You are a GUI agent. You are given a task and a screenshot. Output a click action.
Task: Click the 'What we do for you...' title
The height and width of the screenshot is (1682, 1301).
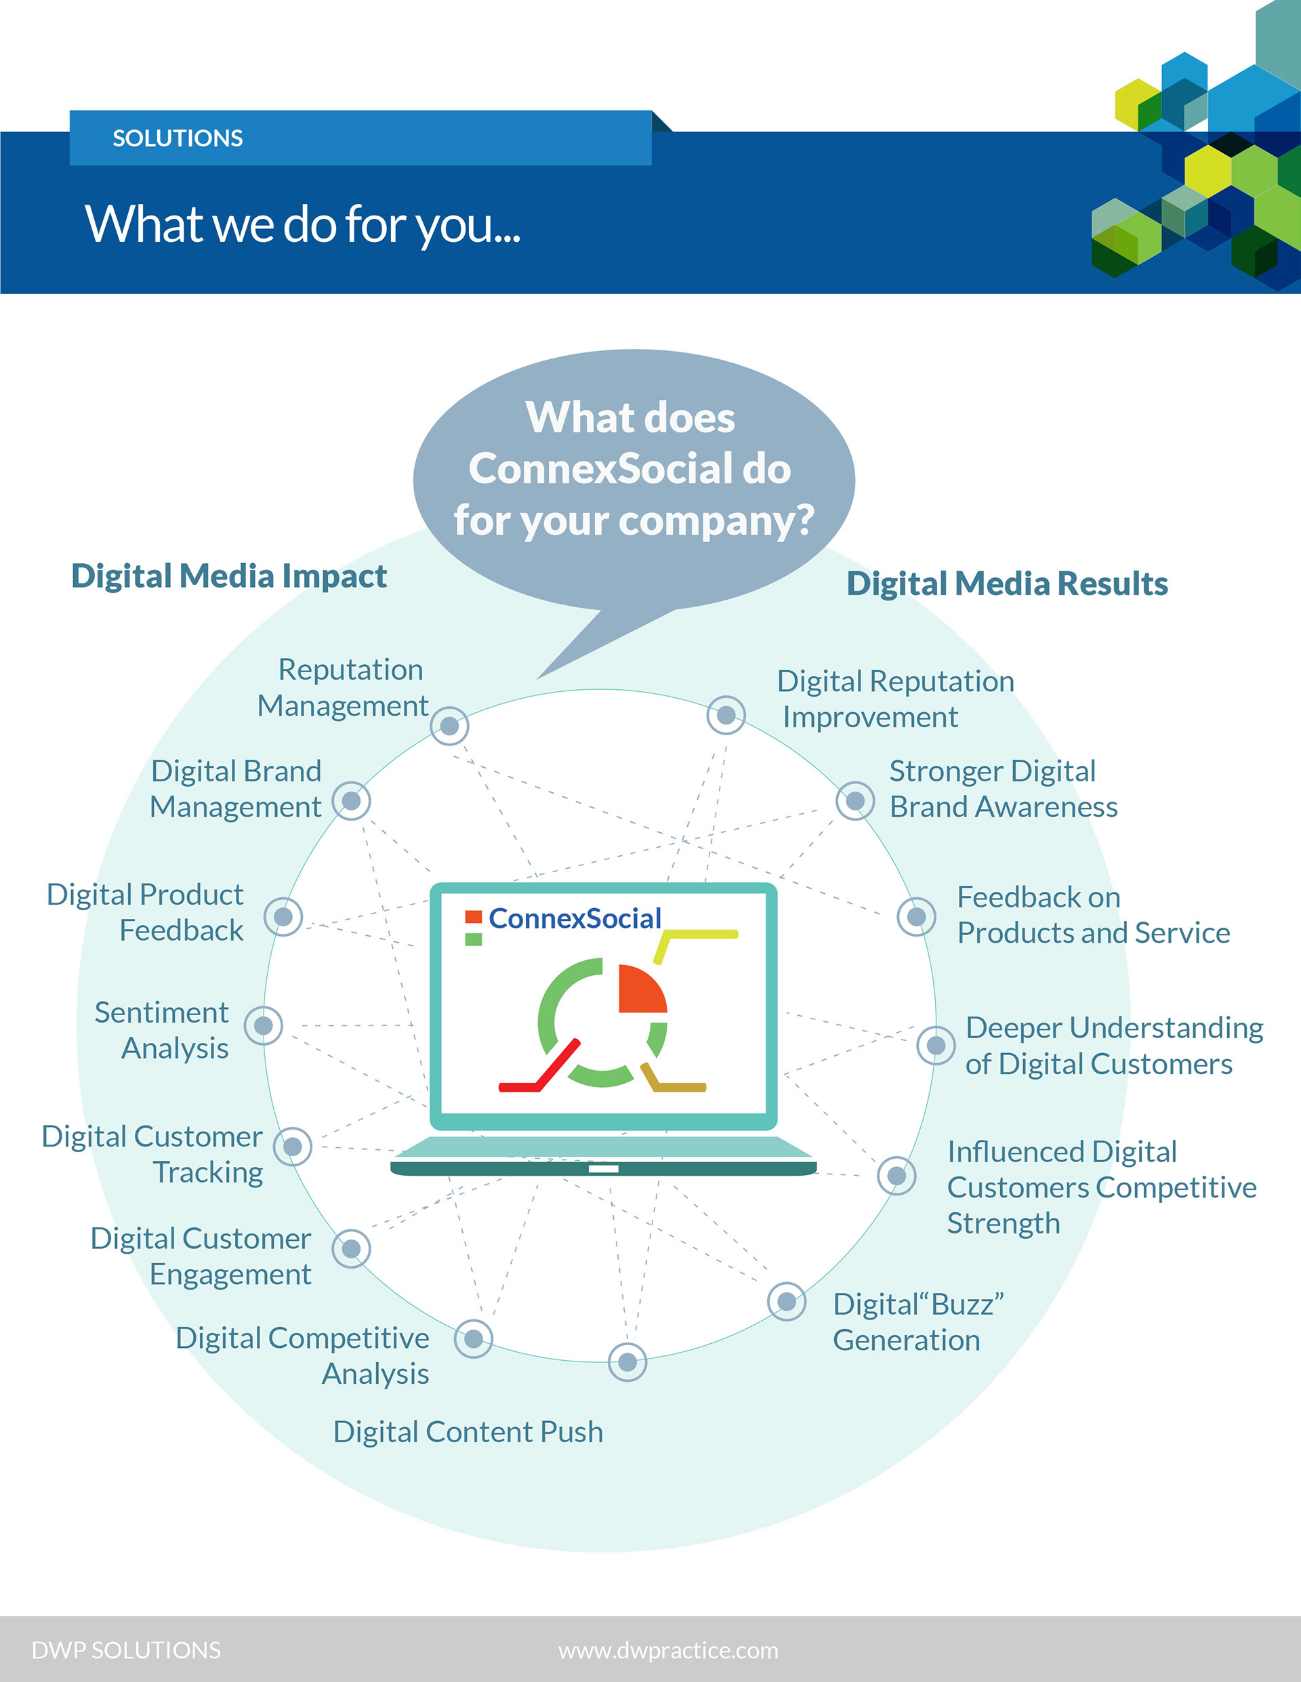click(302, 224)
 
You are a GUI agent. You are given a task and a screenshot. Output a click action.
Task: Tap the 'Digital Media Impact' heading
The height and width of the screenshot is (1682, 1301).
click(229, 576)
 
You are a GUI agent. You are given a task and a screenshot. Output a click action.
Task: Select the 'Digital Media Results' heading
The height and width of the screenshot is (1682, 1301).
click(1007, 583)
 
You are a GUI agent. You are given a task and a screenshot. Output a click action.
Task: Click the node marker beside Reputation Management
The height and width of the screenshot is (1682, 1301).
click(450, 726)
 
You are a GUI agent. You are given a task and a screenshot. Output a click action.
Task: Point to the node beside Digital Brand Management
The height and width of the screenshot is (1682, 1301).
click(351, 801)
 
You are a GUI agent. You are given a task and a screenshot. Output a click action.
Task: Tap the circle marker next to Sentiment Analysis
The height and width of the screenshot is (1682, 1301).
click(264, 1026)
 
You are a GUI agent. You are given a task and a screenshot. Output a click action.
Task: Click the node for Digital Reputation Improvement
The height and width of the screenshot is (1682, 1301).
click(726, 716)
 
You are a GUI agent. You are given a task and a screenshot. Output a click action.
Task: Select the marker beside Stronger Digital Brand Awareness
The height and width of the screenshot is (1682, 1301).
click(855, 801)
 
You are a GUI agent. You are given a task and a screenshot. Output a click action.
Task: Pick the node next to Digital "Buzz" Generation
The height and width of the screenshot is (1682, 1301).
click(787, 1302)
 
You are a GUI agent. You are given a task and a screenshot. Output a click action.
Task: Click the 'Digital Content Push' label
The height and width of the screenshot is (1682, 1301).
click(468, 1432)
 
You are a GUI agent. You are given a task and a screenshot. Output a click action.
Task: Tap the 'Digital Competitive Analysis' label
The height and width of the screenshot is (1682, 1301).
click(302, 1355)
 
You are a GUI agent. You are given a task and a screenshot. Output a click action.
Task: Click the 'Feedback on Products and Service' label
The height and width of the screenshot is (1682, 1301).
click(1092, 915)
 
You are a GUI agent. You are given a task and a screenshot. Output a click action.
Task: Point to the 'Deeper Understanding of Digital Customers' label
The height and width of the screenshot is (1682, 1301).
click(1113, 1045)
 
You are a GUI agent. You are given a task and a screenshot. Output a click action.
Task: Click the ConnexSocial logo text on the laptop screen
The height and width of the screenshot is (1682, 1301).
click(575, 918)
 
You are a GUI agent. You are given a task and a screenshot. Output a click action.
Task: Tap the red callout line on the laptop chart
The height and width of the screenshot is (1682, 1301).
click(539, 1071)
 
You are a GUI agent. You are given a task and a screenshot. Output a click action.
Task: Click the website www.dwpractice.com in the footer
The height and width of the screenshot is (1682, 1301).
click(668, 1650)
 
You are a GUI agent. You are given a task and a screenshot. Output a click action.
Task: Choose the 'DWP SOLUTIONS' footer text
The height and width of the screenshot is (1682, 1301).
click(126, 1650)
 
